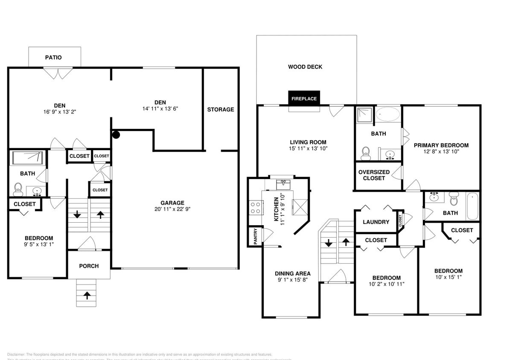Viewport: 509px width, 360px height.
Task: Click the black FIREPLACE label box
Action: (x=304, y=99)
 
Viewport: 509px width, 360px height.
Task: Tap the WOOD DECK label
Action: (x=305, y=67)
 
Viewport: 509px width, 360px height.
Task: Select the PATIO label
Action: (x=53, y=58)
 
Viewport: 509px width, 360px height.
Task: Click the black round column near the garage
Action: (x=116, y=135)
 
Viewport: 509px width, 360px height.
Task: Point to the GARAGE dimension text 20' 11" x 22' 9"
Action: (x=172, y=209)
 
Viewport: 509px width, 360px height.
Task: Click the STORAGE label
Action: (x=221, y=110)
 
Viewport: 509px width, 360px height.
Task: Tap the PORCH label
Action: (x=89, y=266)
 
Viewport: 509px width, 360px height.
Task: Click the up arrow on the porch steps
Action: (x=87, y=295)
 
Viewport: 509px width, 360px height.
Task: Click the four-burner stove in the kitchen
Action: (x=255, y=208)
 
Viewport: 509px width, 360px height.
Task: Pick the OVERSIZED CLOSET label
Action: (x=374, y=175)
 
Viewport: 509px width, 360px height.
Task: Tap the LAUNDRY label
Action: (x=376, y=222)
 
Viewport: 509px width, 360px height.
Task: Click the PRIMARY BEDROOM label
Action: (x=441, y=145)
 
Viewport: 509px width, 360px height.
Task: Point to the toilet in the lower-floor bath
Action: (x=18, y=188)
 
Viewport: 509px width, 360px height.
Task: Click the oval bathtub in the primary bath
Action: (x=387, y=114)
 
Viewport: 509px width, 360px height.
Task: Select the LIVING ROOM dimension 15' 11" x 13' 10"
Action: (x=308, y=149)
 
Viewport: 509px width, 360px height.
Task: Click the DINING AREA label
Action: (x=293, y=274)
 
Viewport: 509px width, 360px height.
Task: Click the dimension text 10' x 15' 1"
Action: (x=448, y=277)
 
